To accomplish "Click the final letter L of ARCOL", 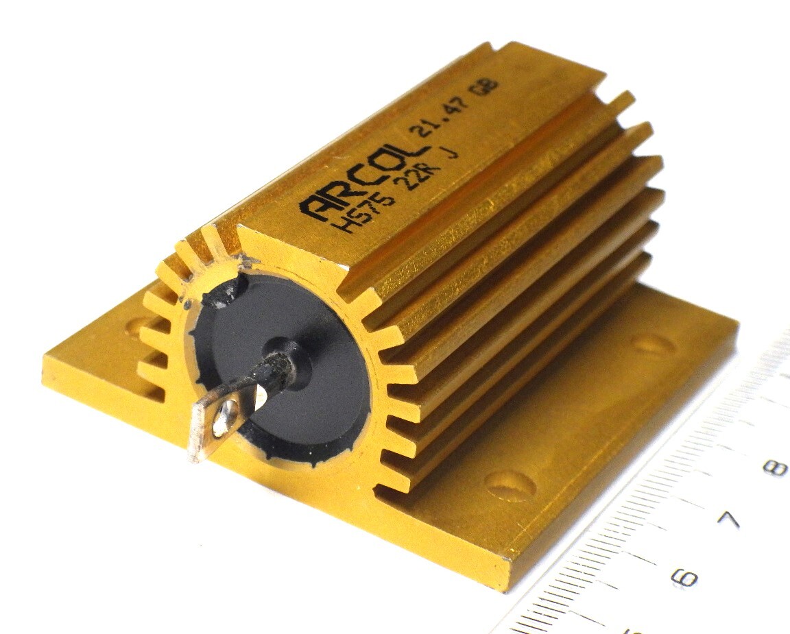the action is (x=413, y=150).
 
